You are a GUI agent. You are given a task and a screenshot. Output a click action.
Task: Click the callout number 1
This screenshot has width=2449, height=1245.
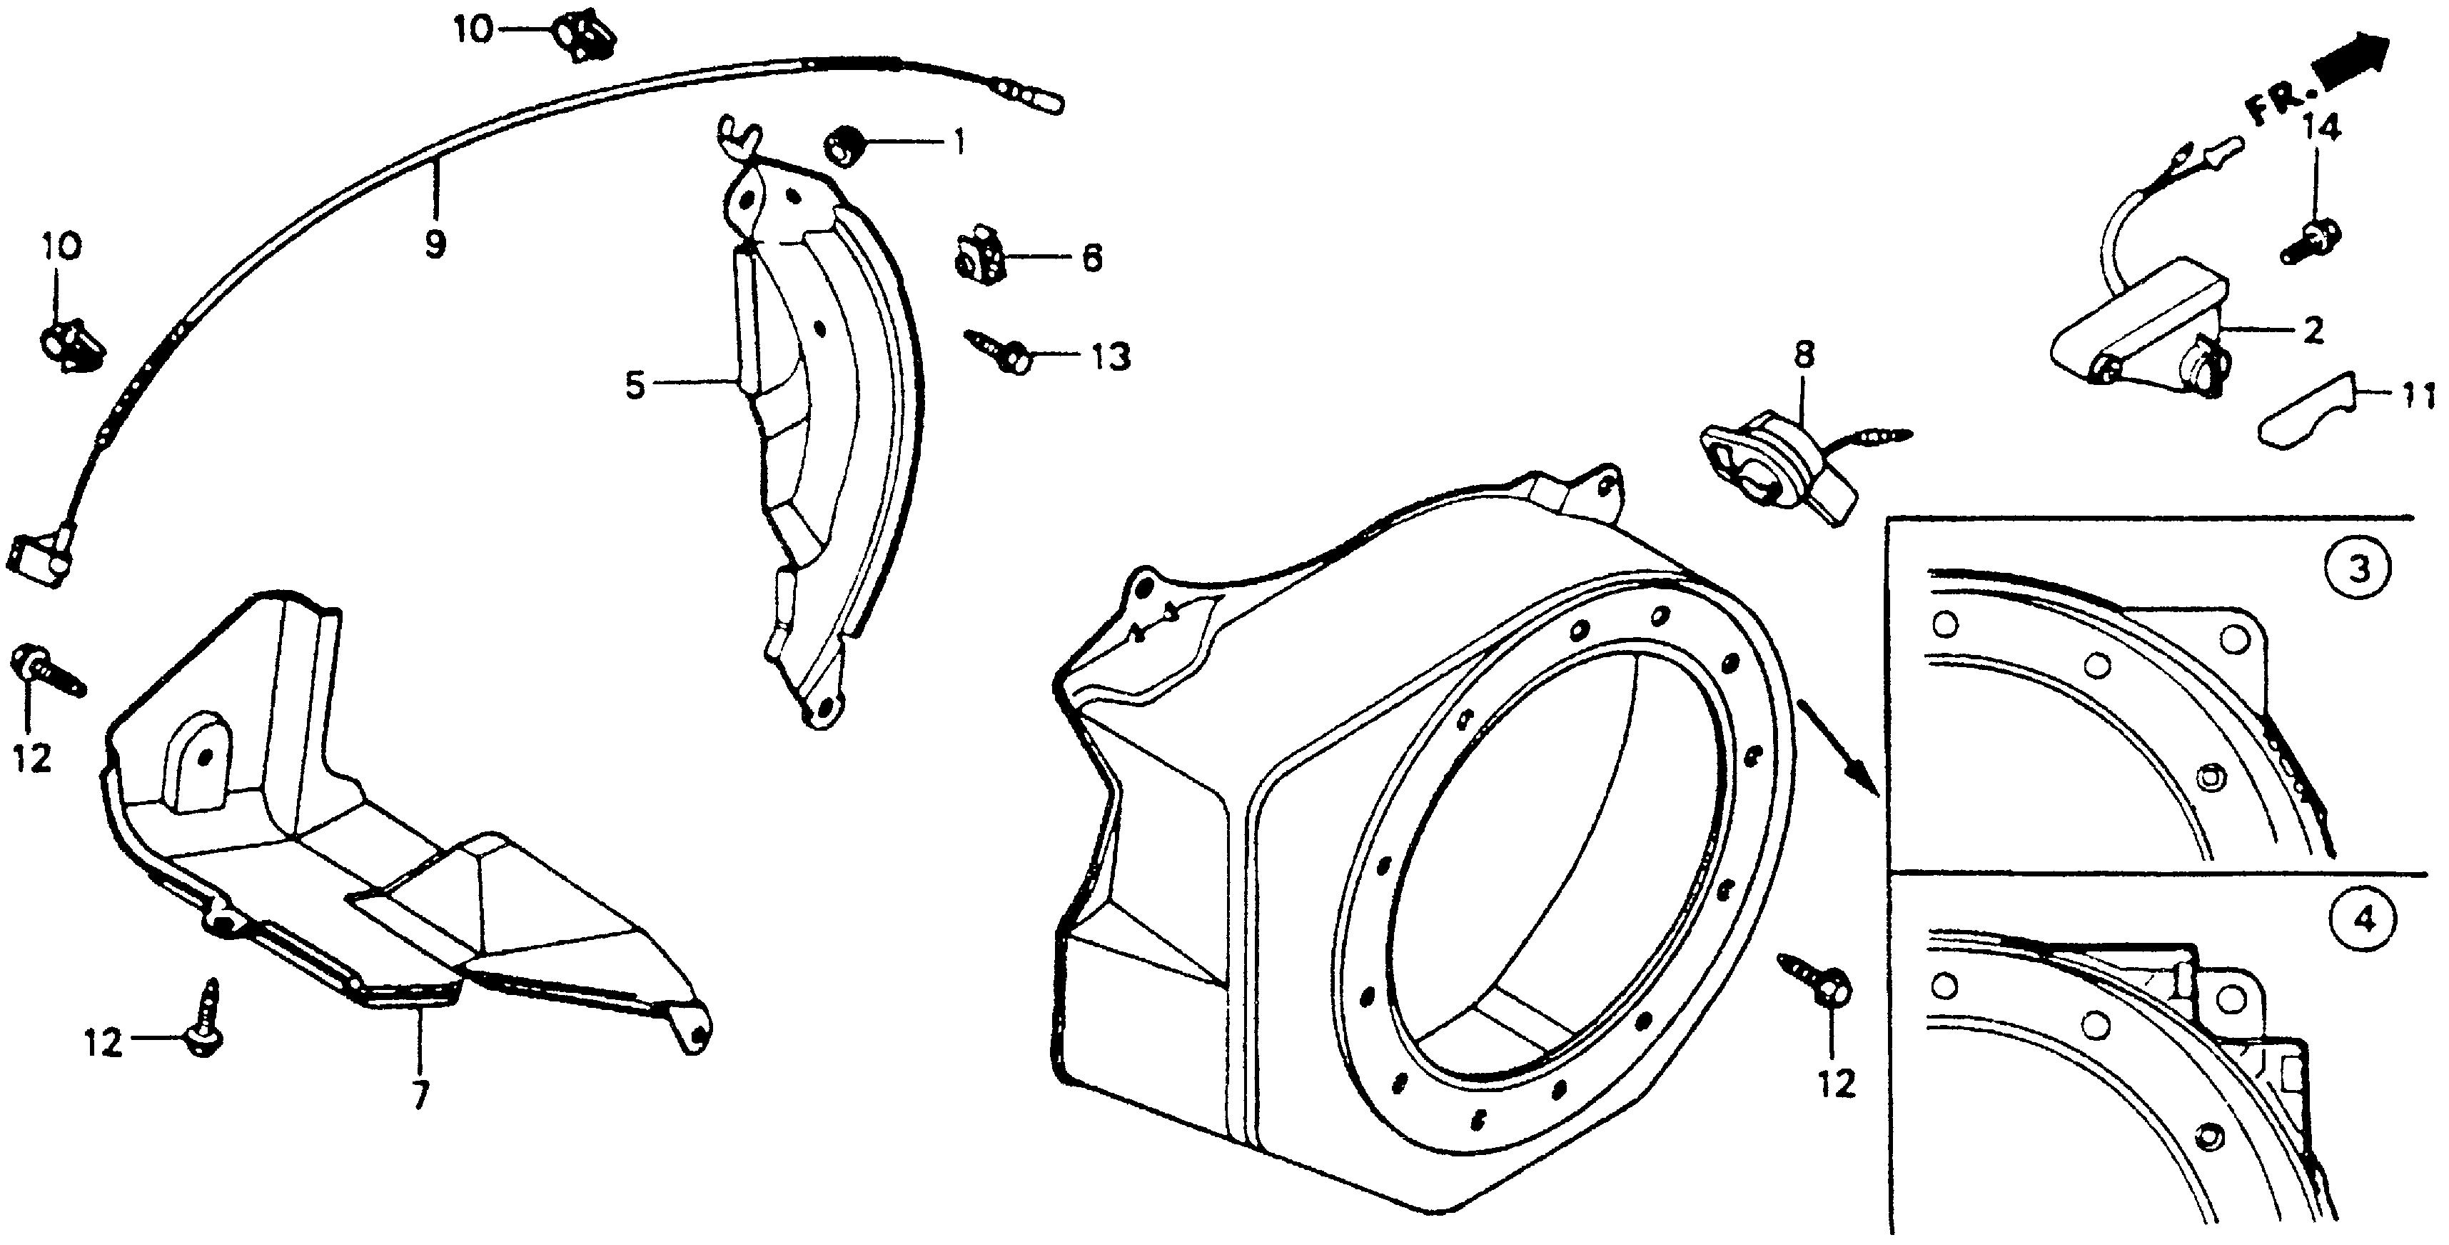point(959,144)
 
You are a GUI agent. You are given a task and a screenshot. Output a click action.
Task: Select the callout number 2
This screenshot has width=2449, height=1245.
point(2312,330)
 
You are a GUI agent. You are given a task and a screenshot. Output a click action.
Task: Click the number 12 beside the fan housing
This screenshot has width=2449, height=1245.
point(1836,1084)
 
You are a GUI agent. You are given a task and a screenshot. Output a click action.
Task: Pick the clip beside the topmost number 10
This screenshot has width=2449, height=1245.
point(582,34)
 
